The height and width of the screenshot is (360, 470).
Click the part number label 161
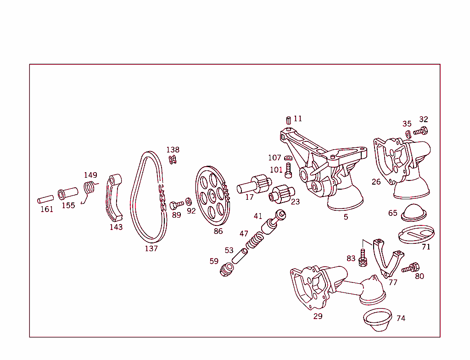click(x=46, y=209)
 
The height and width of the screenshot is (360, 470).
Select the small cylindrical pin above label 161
click(x=45, y=200)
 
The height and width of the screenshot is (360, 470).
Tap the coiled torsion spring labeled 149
click(x=90, y=188)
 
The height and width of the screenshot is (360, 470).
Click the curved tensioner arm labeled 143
click(x=114, y=197)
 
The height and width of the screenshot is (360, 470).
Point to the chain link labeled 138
click(x=173, y=159)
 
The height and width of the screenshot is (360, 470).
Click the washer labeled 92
click(x=189, y=202)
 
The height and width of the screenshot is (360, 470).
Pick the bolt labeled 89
click(x=176, y=204)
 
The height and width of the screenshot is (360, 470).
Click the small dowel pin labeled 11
click(x=288, y=120)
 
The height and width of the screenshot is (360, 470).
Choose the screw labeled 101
click(x=288, y=172)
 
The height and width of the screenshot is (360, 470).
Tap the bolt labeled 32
click(x=420, y=131)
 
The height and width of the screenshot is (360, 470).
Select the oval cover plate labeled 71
click(x=416, y=234)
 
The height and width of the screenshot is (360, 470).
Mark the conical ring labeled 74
click(x=377, y=320)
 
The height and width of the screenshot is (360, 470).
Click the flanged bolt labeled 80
click(x=411, y=268)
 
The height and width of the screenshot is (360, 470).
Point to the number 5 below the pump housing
click(x=346, y=217)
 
